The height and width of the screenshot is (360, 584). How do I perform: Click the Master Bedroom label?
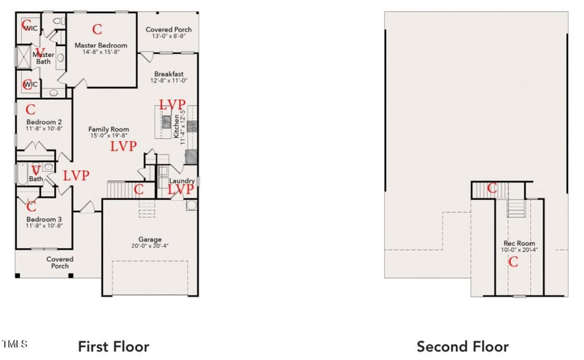pos(101,45)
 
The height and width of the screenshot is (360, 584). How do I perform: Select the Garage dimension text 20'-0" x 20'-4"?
pos(150,245)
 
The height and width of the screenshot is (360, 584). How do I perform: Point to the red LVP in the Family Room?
pos(123,146)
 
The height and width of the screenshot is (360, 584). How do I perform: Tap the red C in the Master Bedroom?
pos(96,30)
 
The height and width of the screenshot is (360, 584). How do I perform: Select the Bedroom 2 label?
pos(44,122)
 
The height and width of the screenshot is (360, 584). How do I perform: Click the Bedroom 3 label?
pos(44,219)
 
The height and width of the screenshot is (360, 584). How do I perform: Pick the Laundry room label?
pos(180,180)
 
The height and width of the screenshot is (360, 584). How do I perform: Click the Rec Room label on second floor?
pos(519,243)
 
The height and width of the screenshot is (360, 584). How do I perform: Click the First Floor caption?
pos(113,346)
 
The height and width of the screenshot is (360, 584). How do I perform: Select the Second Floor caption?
pos(462,346)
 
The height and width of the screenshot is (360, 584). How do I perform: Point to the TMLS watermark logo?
pos(15,343)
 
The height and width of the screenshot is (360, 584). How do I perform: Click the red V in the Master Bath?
pos(29,53)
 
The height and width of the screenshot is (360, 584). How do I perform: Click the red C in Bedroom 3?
pos(31,207)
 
